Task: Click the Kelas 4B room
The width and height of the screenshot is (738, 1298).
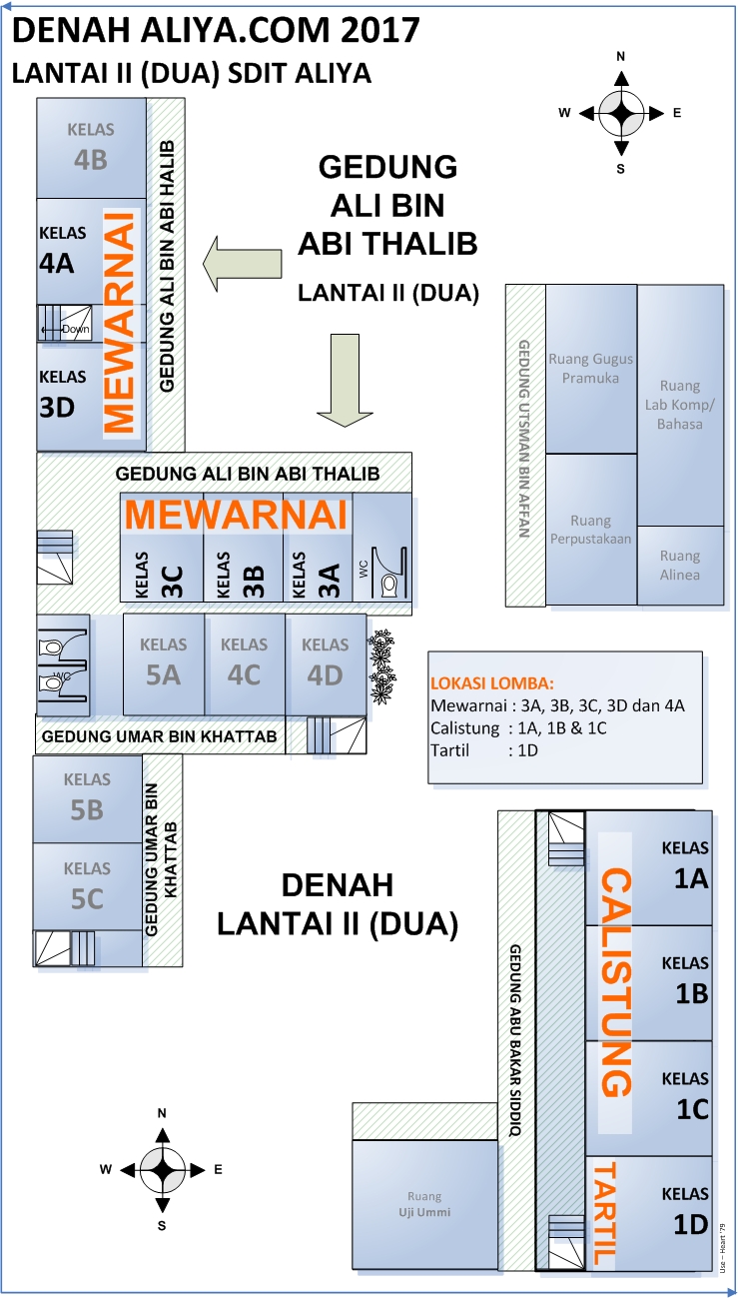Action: click(x=91, y=147)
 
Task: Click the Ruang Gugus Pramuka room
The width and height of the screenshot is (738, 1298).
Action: click(x=590, y=368)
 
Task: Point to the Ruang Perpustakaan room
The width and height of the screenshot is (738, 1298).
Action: click(x=590, y=530)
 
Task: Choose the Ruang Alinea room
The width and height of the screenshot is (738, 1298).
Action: click(x=680, y=566)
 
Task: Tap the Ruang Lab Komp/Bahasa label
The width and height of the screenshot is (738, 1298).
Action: click(x=680, y=405)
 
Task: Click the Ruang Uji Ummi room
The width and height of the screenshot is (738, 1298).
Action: click(x=424, y=1204)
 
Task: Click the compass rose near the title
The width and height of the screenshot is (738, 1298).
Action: click(x=620, y=113)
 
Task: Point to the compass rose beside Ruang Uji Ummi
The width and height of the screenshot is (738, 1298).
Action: click(x=162, y=1168)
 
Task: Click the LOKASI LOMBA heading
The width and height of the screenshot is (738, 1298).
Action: click(x=491, y=683)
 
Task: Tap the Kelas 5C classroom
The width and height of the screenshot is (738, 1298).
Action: click(x=87, y=887)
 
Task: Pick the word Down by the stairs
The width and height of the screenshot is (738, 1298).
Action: click(x=76, y=329)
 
